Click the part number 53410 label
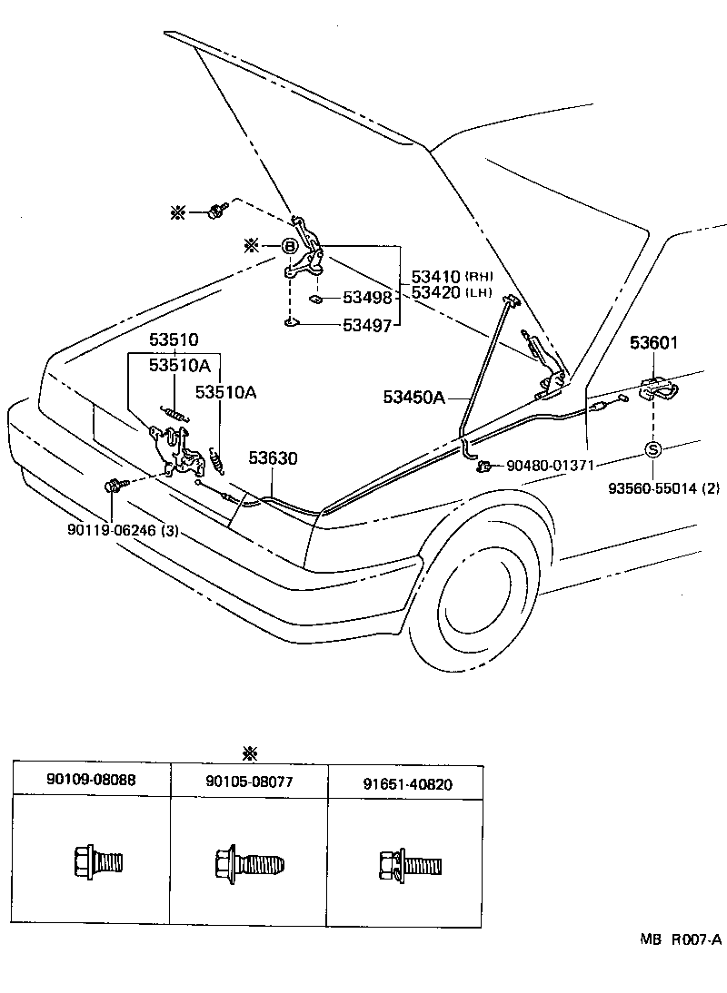pyautogui.click(x=436, y=276)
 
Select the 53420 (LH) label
pyautogui.click(x=436, y=292)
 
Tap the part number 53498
pyautogui.click(x=367, y=298)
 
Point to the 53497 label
pyautogui.click(x=367, y=325)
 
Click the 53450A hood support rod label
pyautogui.click(x=413, y=397)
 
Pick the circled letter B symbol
pyautogui.click(x=289, y=246)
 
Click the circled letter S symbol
pyautogui.click(x=652, y=449)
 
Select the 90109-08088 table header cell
pyautogui.click(x=91, y=781)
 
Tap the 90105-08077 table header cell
pyautogui.click(x=249, y=781)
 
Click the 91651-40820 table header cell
pyautogui.click(x=406, y=783)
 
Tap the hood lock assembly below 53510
pyautogui.click(x=181, y=451)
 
